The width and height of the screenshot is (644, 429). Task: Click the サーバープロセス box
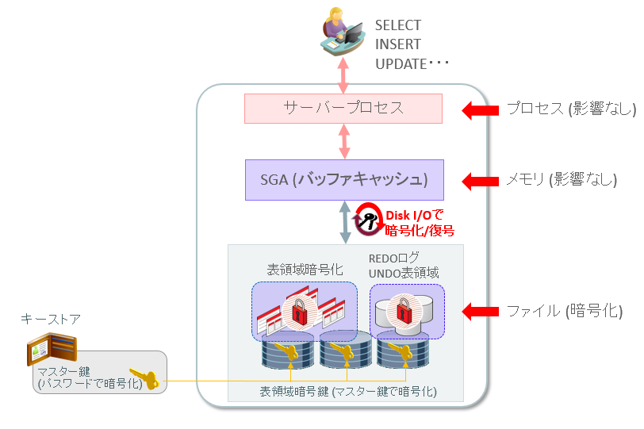(343, 108)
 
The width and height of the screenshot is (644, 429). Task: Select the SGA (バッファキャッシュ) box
(343, 179)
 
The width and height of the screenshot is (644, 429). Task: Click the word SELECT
(399, 25)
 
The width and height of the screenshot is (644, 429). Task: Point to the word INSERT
(397, 44)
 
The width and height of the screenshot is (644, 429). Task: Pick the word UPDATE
(401, 64)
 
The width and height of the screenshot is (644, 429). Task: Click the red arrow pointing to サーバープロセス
(477, 109)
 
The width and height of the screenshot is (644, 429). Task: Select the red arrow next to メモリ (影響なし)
(477, 180)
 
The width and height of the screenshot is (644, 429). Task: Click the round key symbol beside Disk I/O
(369, 220)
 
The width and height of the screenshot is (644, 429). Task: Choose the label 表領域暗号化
(305, 269)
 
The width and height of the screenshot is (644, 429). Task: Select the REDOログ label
(400, 259)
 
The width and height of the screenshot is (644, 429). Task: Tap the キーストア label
(51, 319)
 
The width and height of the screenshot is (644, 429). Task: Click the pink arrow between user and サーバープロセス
(344, 76)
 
